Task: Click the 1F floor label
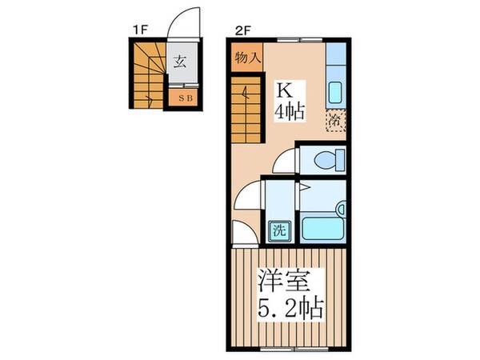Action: click(141, 30)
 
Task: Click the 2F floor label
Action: click(243, 30)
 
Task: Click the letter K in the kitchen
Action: click(285, 87)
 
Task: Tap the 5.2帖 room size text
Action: click(290, 308)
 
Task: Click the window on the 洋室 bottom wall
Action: click(293, 349)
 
